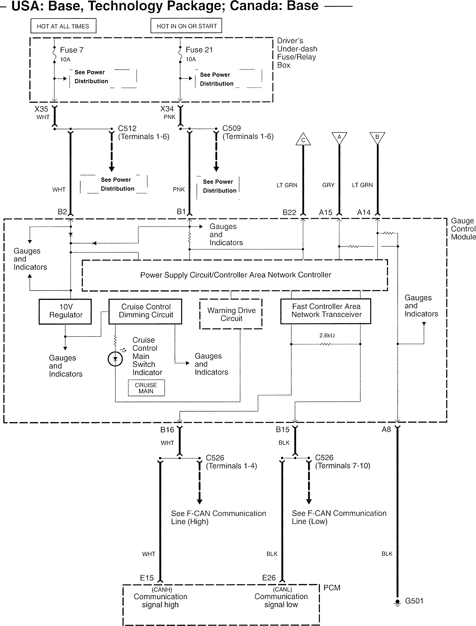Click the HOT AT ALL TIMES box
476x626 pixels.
click(63, 26)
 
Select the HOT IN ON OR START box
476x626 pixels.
click(186, 26)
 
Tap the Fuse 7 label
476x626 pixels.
click(72, 50)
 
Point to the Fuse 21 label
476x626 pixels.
click(199, 50)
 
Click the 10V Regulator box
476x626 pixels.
click(65, 311)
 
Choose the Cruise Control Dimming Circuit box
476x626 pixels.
click(145, 311)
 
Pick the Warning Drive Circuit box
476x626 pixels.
click(231, 314)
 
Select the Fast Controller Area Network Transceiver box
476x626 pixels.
click(326, 311)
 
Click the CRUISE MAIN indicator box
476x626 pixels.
click(146, 388)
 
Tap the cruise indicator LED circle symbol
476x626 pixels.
click(115, 359)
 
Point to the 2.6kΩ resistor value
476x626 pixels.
click(327, 336)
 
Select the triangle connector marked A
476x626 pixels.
click(339, 137)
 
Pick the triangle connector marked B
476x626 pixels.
click(377, 137)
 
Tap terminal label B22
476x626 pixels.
click(289, 212)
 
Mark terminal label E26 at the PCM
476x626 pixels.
click(269, 577)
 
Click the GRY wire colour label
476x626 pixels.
click(328, 185)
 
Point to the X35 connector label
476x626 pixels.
click(41, 109)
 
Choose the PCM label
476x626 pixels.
click(332, 588)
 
